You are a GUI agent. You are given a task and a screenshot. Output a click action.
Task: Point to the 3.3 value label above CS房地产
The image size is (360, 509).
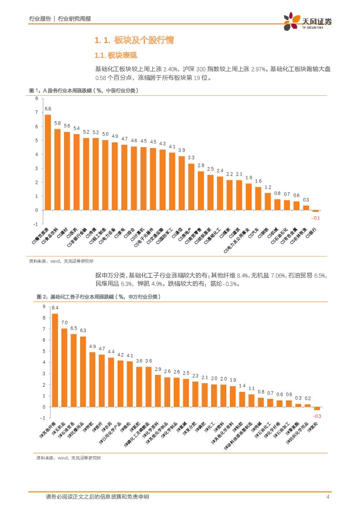191,158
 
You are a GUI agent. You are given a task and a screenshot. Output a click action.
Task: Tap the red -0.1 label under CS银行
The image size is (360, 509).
316,218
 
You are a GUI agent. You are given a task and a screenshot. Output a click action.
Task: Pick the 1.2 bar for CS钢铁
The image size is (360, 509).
268,202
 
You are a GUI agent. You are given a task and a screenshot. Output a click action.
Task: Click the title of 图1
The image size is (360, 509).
84,91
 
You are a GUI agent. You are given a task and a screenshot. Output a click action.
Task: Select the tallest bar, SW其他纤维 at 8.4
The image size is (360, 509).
55,360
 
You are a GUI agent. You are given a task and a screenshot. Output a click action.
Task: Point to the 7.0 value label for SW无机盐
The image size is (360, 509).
64,323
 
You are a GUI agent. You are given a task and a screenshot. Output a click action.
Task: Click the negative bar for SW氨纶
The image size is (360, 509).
317,408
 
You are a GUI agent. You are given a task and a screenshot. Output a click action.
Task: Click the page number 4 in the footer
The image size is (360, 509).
327,497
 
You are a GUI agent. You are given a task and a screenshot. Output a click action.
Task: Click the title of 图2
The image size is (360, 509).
99,297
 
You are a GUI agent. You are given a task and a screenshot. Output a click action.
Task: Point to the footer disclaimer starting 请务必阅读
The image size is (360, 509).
97,497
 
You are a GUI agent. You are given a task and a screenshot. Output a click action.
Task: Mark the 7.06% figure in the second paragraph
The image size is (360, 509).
278,275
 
